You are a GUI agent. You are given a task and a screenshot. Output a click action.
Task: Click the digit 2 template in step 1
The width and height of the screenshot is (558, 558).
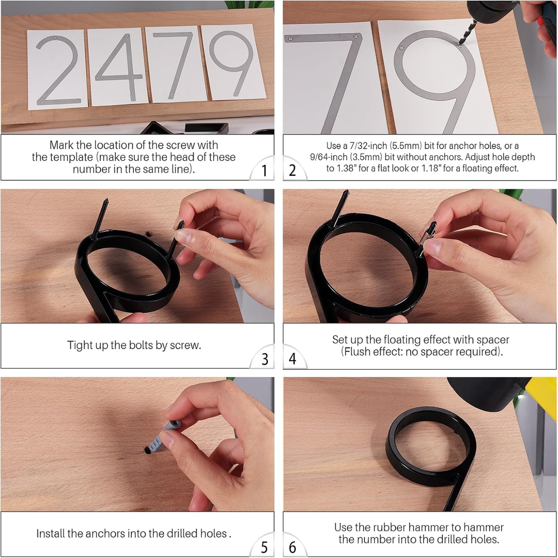[57, 69]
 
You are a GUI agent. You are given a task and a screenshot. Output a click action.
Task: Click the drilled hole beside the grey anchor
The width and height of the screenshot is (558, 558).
[147, 450]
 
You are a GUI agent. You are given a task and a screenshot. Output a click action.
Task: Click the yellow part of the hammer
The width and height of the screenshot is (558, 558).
[541, 394]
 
